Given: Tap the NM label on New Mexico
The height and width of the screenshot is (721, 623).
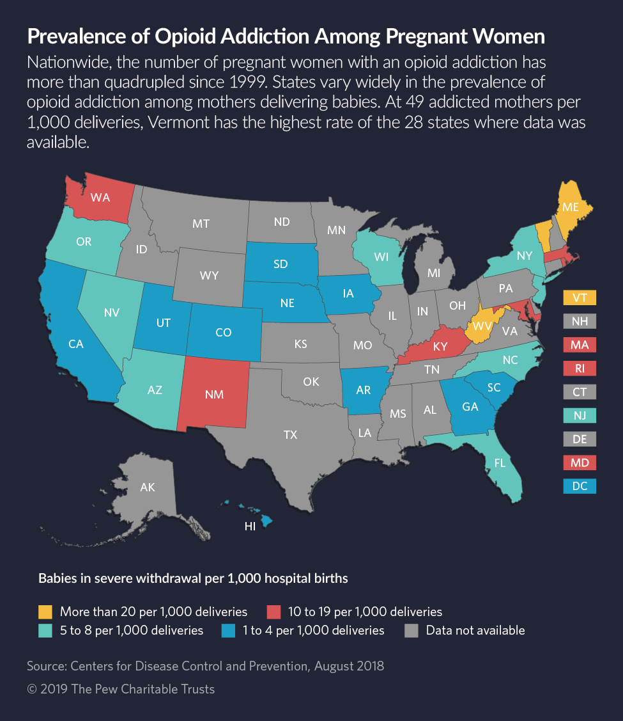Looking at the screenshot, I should [x=215, y=394].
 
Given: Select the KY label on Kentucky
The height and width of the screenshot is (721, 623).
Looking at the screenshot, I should [x=440, y=347].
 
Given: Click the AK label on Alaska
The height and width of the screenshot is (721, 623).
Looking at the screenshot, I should [x=148, y=487].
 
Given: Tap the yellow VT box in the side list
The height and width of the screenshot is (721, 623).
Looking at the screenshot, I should [x=580, y=297].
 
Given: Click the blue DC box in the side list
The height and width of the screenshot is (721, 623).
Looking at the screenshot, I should [x=580, y=486].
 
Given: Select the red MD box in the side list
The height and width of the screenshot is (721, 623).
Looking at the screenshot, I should [x=580, y=463].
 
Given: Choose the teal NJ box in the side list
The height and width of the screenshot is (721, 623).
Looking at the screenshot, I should [x=580, y=415].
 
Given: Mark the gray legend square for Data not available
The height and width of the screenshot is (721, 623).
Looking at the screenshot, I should [x=412, y=630].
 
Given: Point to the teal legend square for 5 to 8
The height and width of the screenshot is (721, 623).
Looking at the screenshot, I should [x=46, y=630].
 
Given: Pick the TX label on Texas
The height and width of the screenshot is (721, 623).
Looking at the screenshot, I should [x=290, y=434].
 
